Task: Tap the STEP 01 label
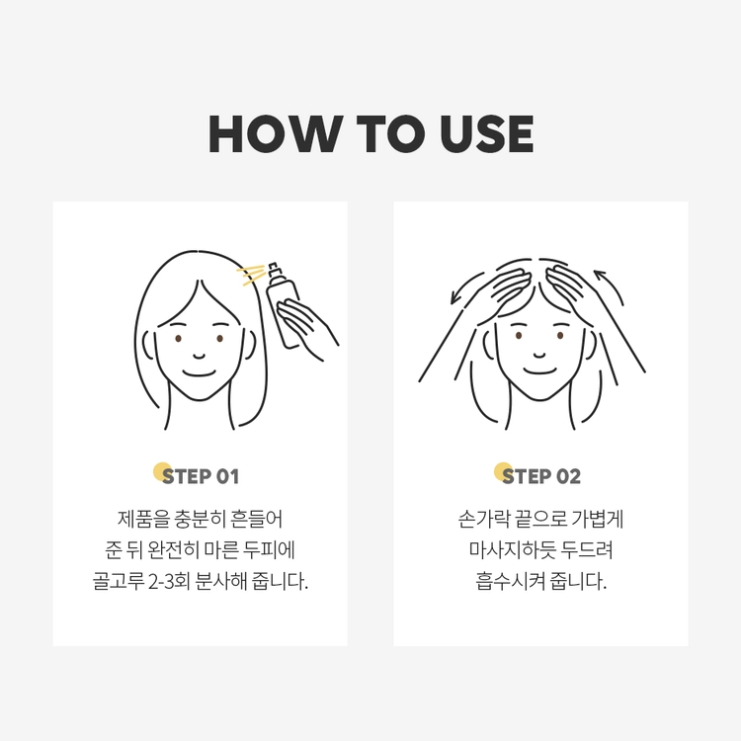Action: coord(201,476)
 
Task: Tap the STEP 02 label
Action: coord(541,476)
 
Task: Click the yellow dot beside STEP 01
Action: coord(162,471)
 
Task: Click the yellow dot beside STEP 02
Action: coord(502,471)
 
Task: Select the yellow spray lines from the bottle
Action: coord(251,275)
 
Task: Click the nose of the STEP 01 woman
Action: coord(199,356)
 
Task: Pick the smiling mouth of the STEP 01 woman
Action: coord(199,373)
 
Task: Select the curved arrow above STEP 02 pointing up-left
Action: coord(610,287)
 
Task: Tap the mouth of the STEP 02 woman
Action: coord(539,370)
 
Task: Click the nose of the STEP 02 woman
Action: coord(539,355)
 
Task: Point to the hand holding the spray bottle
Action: coord(305,327)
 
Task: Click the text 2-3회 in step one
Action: coord(169,581)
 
